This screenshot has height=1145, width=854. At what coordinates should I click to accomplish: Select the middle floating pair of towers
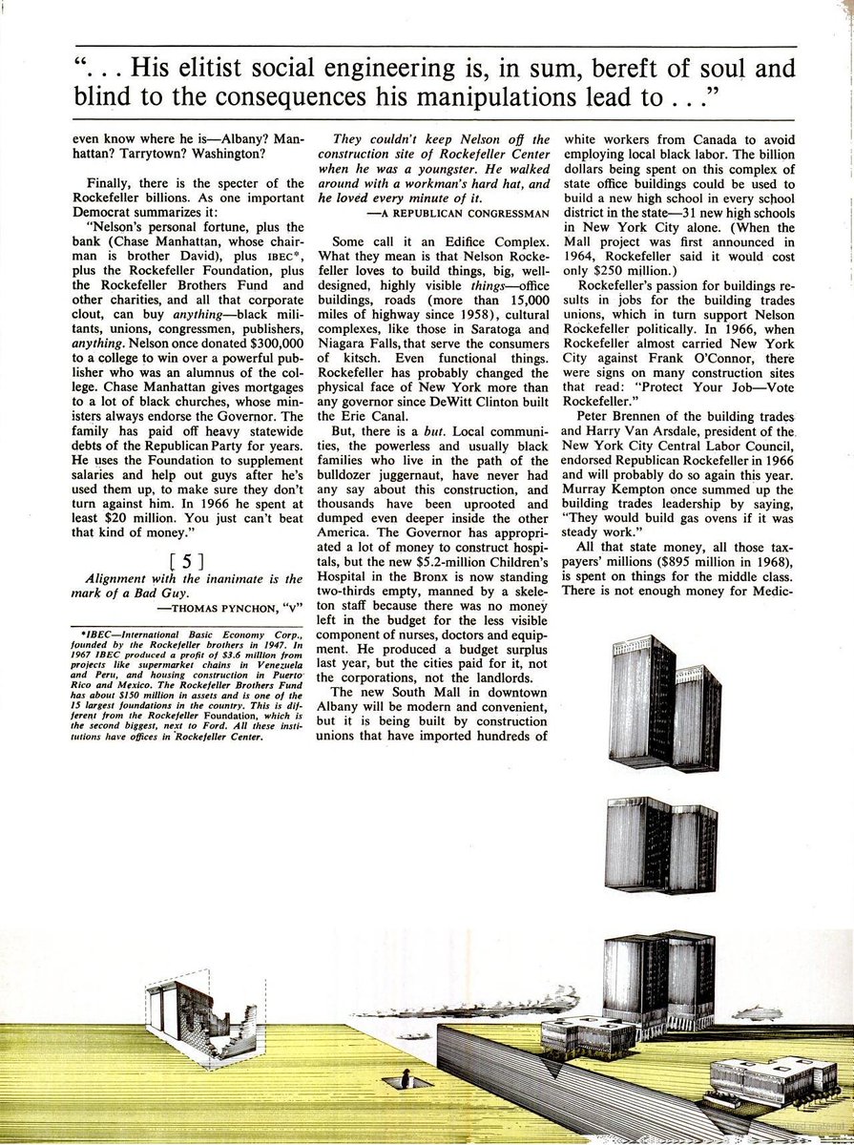point(660,843)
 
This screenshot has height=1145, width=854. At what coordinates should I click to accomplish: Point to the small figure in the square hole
point(406,1079)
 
